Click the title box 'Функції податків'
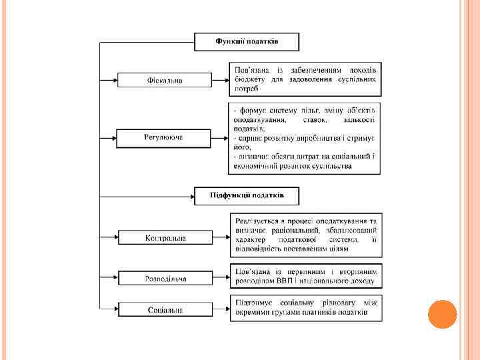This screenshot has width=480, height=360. (x=247, y=41)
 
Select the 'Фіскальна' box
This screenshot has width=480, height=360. (x=164, y=80)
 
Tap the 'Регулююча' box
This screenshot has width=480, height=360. (x=164, y=137)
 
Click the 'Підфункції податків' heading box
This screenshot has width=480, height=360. (x=247, y=195)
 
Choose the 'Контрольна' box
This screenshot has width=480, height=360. (x=164, y=238)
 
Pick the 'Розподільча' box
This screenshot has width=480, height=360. (x=164, y=278)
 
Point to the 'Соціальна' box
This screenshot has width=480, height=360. (x=164, y=309)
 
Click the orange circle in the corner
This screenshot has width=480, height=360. (x=442, y=314)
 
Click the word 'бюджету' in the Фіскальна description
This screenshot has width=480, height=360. (x=248, y=79)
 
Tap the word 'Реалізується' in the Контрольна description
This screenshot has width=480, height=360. (x=255, y=220)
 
